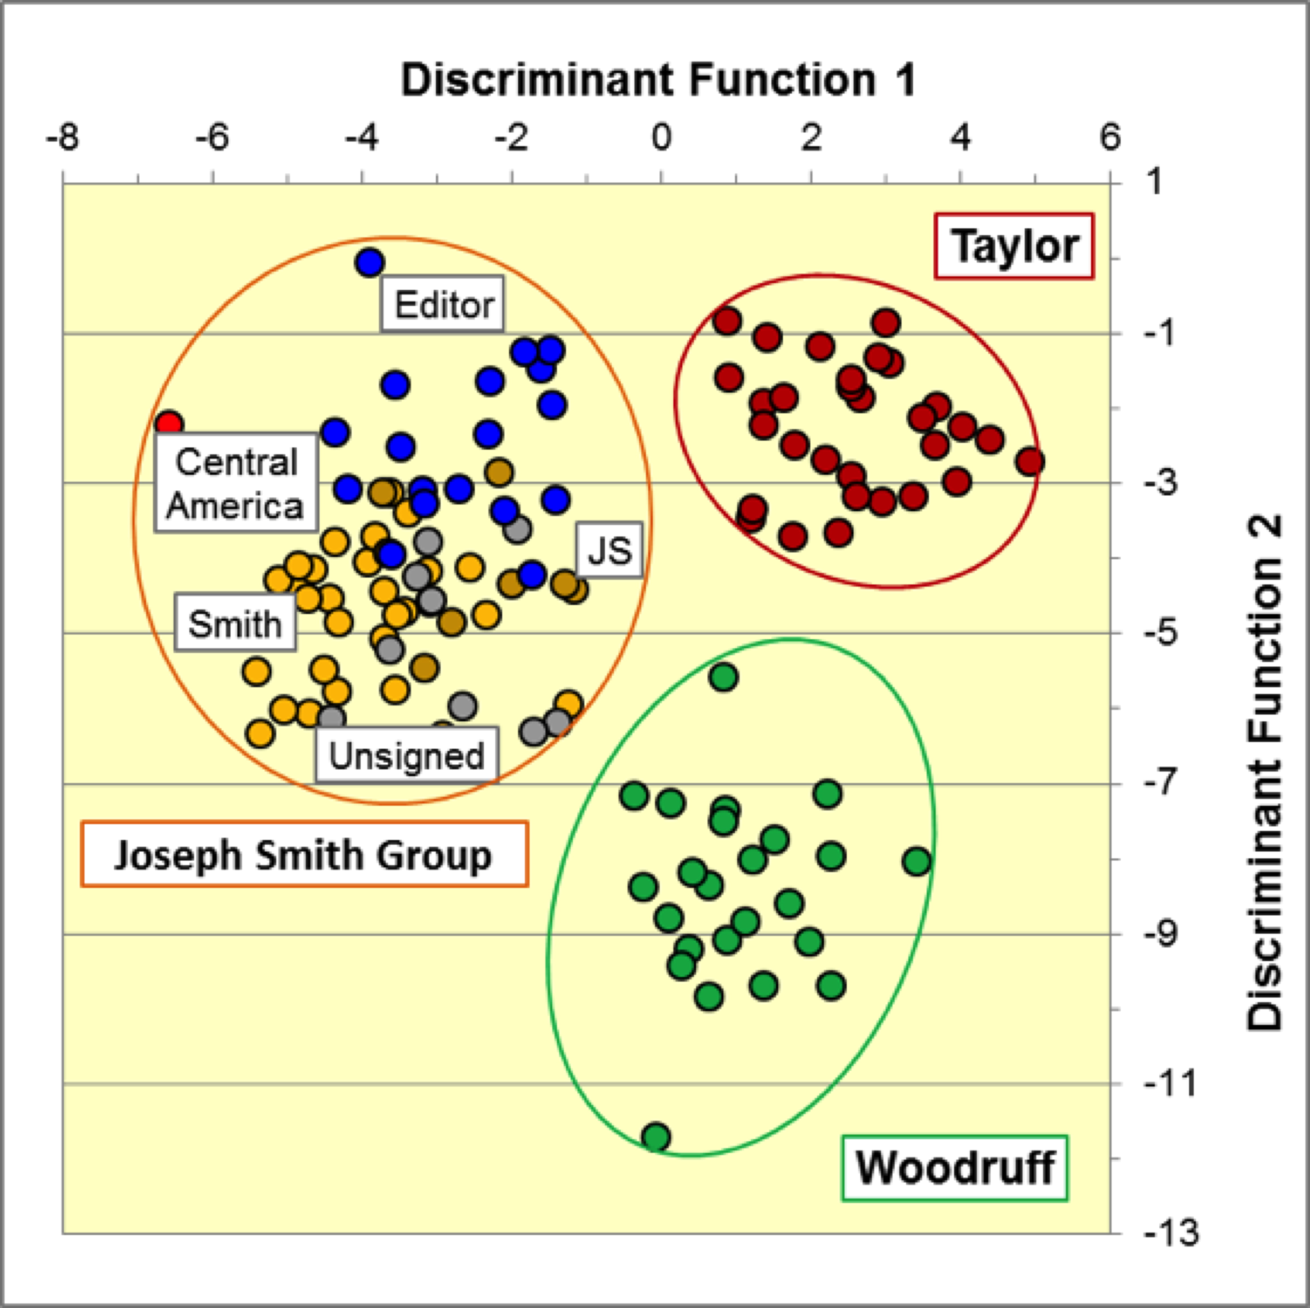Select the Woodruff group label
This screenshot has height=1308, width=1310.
[955, 1168]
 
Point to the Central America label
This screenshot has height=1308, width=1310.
[236, 483]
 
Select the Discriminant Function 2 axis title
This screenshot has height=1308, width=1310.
[1265, 773]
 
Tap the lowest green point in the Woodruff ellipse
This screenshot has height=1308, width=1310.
[656, 1137]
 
